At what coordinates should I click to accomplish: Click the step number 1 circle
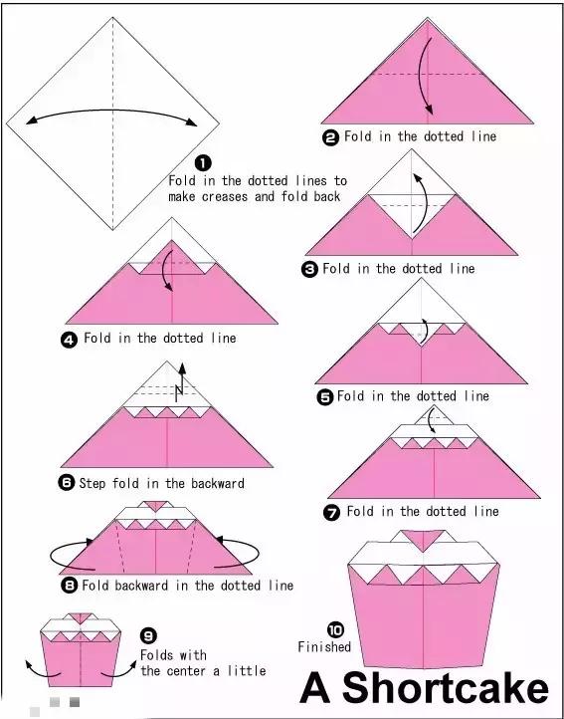[203, 162]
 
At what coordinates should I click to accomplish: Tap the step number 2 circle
[331, 137]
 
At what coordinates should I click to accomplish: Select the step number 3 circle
[309, 269]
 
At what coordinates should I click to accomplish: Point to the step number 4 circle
[69, 340]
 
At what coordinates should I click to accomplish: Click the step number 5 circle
[325, 397]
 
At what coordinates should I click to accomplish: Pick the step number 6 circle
[67, 483]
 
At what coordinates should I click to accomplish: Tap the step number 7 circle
[332, 512]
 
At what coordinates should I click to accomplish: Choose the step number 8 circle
[70, 586]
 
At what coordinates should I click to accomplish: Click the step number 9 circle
[148, 635]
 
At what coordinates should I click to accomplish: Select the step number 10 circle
[335, 629]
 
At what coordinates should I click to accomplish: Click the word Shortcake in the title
[446, 688]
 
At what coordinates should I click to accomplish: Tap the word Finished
[324, 646]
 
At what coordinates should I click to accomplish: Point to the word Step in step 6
[94, 483]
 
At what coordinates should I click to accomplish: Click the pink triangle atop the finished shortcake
[423, 539]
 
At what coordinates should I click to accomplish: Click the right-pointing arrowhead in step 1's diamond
[192, 121]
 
